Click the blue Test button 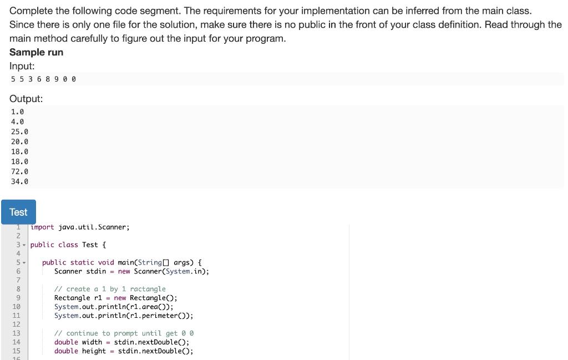pos(18,212)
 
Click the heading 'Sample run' pos(36,52)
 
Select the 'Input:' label pos(22,65)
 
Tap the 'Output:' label pos(26,99)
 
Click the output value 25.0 pos(19,131)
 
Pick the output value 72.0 pos(19,171)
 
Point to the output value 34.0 pos(19,181)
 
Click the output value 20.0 pos(19,141)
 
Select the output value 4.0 pos(17,121)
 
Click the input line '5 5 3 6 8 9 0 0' pos(43,79)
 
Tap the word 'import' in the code pos(42,227)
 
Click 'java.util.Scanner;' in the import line pos(94,227)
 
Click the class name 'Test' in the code pos(90,245)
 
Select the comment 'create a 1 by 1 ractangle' pos(115,289)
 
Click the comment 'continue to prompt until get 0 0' pos(130,333)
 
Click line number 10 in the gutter pos(16,307)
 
